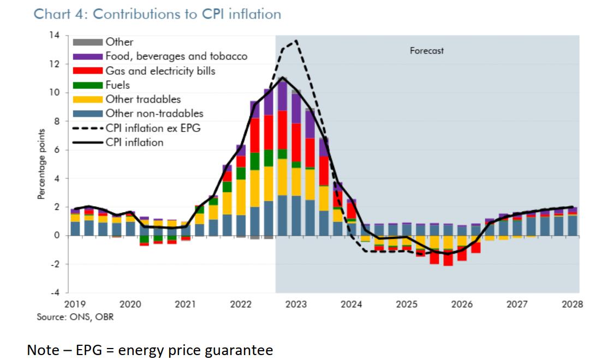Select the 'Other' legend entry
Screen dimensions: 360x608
tap(120, 42)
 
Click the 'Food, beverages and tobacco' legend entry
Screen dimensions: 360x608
tap(176, 56)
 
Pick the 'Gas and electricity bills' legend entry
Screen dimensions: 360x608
tap(160, 71)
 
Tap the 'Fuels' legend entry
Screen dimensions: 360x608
tap(118, 85)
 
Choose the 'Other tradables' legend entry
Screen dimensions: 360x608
tap(143, 99)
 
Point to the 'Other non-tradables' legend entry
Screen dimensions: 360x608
tap(154, 113)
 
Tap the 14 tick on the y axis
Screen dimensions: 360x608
tap(55, 35)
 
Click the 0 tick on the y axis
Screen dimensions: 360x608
tap(57, 236)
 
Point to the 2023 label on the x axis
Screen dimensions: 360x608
tap(296, 304)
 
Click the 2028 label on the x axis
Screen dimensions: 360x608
tap(572, 304)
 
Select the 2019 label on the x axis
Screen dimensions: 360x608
tap(75, 304)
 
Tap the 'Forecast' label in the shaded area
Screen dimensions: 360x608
tap(427, 51)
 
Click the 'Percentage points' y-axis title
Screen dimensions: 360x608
tap(41, 164)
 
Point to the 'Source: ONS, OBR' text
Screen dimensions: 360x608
tap(75, 317)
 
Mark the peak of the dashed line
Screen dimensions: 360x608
tap(295, 40)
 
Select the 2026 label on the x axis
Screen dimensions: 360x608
tap(462, 304)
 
